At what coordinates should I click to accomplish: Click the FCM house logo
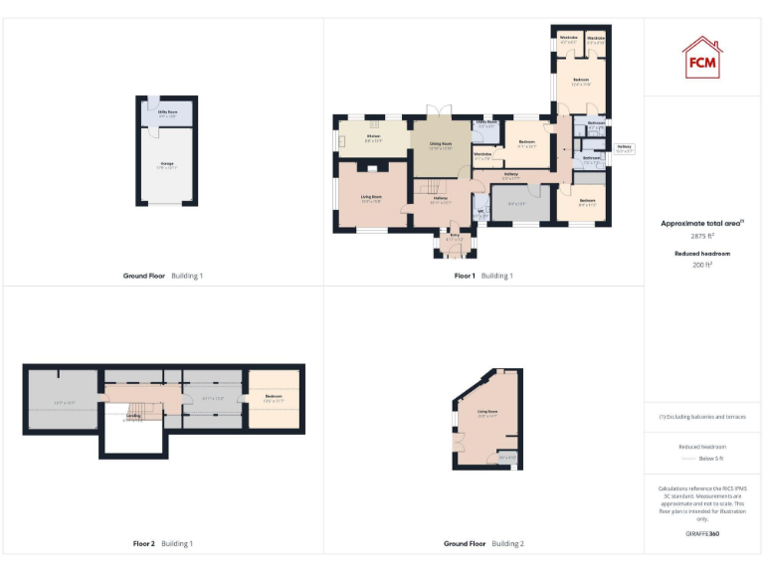coord(702,57)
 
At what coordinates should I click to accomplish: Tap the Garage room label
coord(166,165)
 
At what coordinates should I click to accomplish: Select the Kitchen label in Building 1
coord(373,136)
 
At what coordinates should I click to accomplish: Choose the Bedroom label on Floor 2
coord(274,398)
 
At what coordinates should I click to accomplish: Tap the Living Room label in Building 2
coord(487,412)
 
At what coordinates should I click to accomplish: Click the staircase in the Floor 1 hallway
coord(428,189)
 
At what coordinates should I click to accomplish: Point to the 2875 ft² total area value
coord(702,236)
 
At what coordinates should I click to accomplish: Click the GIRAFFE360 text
coord(702,534)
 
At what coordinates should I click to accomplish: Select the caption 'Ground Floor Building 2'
coord(483,544)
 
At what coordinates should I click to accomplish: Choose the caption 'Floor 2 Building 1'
coord(163,544)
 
